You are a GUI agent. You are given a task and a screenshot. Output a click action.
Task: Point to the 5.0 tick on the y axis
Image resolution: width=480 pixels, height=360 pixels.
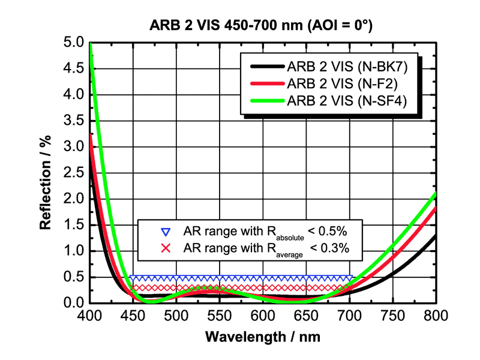point(74,43)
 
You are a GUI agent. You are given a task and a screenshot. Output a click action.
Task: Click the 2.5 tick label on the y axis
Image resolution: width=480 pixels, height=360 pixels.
point(74,173)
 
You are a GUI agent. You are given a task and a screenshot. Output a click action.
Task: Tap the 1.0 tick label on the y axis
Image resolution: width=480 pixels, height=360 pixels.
point(74,251)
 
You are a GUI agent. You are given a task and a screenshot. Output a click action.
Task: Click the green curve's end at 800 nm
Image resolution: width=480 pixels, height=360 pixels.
point(435,194)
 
